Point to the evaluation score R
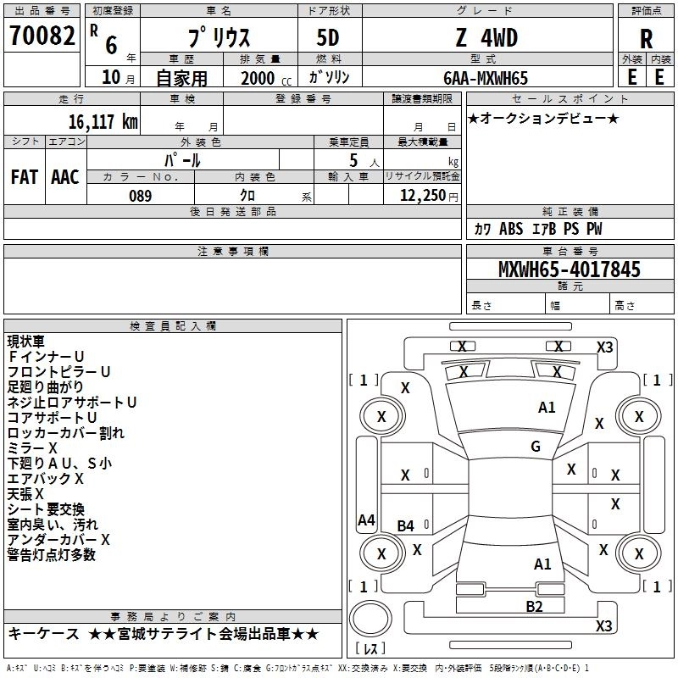646,39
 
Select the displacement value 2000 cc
258,79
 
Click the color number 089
141,196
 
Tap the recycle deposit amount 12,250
422,196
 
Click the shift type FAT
25,177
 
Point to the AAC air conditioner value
65,177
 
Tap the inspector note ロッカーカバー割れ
65,433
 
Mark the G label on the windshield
536,447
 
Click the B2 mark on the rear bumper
534,605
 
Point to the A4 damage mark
366,520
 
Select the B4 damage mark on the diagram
406,526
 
